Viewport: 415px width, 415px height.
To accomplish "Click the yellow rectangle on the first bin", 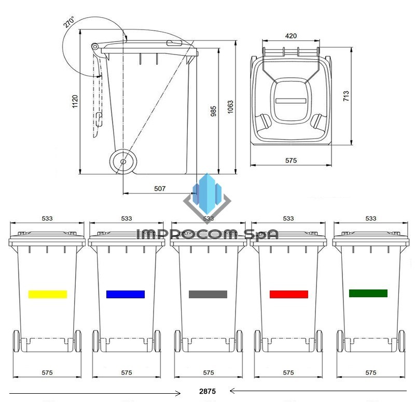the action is pyautogui.click(x=48, y=294).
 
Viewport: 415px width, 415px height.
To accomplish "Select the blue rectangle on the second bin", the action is pyautogui.click(x=126, y=294).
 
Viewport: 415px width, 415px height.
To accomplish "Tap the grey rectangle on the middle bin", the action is pyautogui.click(x=208, y=294).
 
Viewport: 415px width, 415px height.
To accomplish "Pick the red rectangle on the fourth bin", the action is pyautogui.click(x=289, y=294).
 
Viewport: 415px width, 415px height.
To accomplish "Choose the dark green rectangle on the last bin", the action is pyautogui.click(x=368, y=293).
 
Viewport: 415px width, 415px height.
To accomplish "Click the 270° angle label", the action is pyautogui.click(x=69, y=22).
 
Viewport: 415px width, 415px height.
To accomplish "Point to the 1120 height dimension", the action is pyautogui.click(x=75, y=101).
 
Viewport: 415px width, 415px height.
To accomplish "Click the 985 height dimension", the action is pyautogui.click(x=213, y=111).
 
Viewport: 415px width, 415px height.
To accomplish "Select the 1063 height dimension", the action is pyautogui.click(x=230, y=107).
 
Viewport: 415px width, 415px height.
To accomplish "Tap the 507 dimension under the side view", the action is pyautogui.click(x=160, y=188).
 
